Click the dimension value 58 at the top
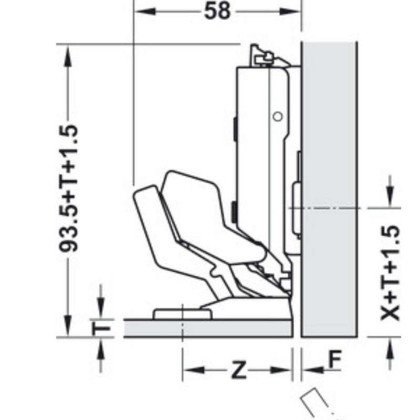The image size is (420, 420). pyautogui.click(x=217, y=12)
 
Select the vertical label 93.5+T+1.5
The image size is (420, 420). pyautogui.click(x=68, y=188)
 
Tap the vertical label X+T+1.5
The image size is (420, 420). pyautogui.click(x=390, y=272)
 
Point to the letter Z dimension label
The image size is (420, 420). pyautogui.click(x=238, y=370)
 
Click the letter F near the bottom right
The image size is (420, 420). pyautogui.click(x=335, y=359)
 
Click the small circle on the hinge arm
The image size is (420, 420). pyautogui.click(x=278, y=117)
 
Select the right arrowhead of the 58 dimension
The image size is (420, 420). pyautogui.click(x=290, y=12)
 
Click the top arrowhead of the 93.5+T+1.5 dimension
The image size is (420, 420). pyautogui.click(x=68, y=56)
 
